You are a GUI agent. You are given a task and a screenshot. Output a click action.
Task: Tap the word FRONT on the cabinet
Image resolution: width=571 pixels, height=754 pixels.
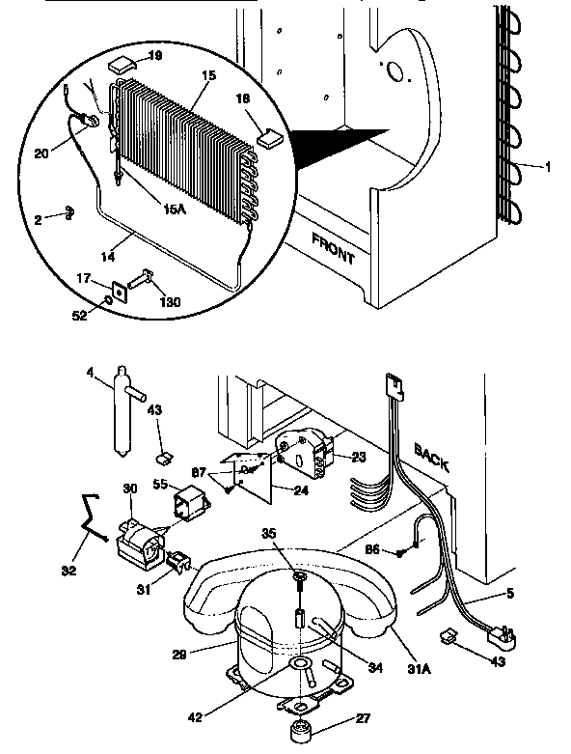coord(333,247)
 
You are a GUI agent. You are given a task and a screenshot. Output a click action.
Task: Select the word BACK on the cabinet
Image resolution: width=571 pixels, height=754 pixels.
coord(433,458)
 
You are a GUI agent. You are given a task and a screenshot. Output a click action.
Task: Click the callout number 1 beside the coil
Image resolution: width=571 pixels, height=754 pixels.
coord(548,166)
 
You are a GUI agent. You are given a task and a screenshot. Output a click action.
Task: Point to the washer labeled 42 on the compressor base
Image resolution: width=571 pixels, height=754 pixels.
coord(301,665)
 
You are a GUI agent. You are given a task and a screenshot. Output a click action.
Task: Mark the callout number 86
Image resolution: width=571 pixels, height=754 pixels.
coord(372,550)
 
